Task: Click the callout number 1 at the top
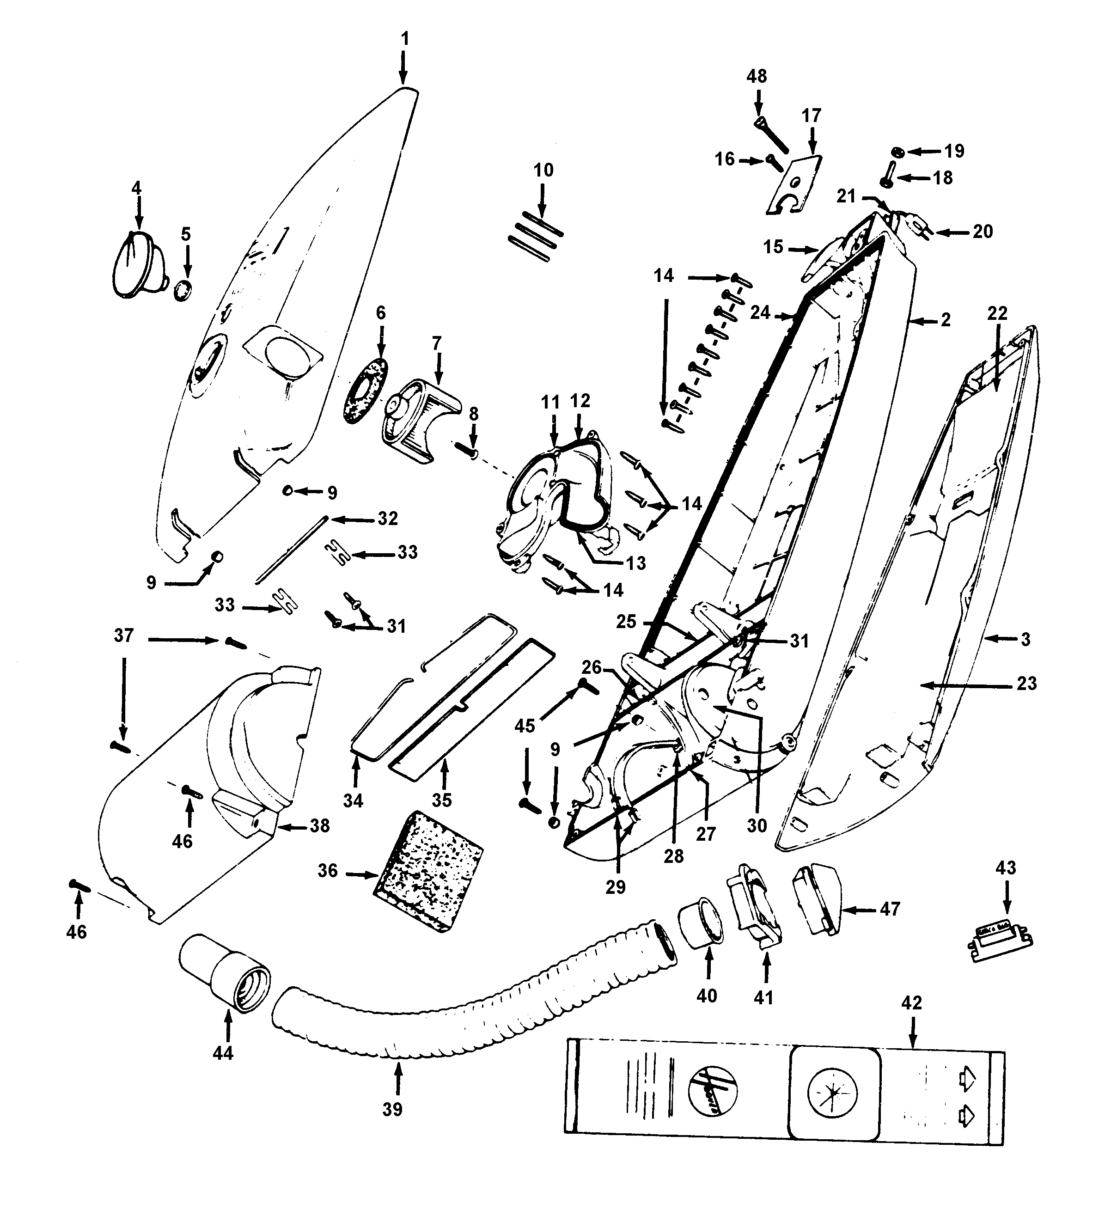point(405,39)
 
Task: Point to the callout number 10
point(543,170)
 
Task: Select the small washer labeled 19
point(897,151)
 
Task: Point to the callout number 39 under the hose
point(392,1109)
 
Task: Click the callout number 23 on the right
point(1026,684)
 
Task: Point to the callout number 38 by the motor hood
point(319,826)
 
